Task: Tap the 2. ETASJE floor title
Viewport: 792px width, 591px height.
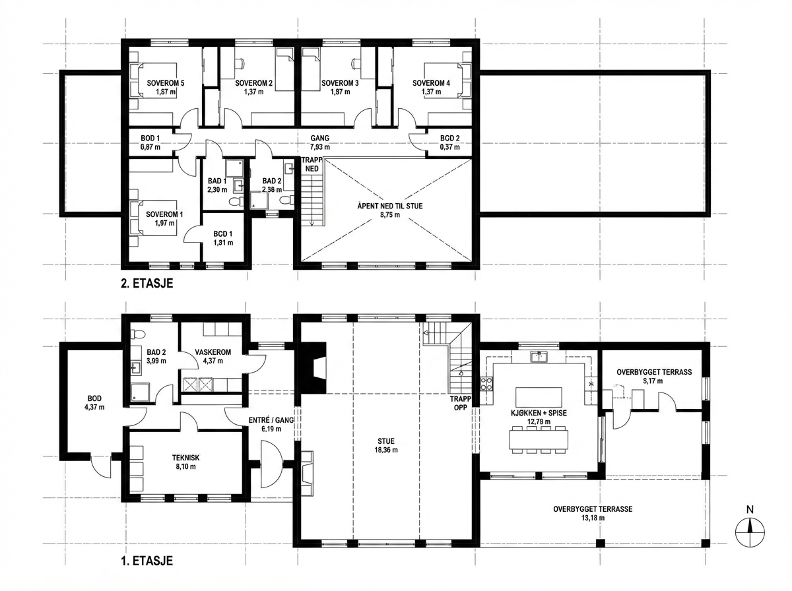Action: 147,283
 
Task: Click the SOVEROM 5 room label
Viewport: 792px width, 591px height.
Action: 166,83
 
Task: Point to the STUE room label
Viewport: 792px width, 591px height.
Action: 386,441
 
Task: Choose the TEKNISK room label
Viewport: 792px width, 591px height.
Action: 186,458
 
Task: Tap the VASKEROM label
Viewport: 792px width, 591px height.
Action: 213,352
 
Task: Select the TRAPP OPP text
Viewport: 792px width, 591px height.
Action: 461,404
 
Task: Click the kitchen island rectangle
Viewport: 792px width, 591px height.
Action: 539,396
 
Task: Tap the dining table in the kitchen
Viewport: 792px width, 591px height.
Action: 539,439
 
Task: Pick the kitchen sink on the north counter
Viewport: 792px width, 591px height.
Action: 539,357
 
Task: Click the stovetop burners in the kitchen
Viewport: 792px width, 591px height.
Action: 486,384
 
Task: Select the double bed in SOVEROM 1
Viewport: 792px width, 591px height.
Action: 153,218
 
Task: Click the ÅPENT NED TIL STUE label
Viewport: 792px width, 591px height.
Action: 390,206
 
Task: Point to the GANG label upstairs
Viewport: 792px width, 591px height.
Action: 320,138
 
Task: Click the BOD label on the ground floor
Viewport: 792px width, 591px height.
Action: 94,398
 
